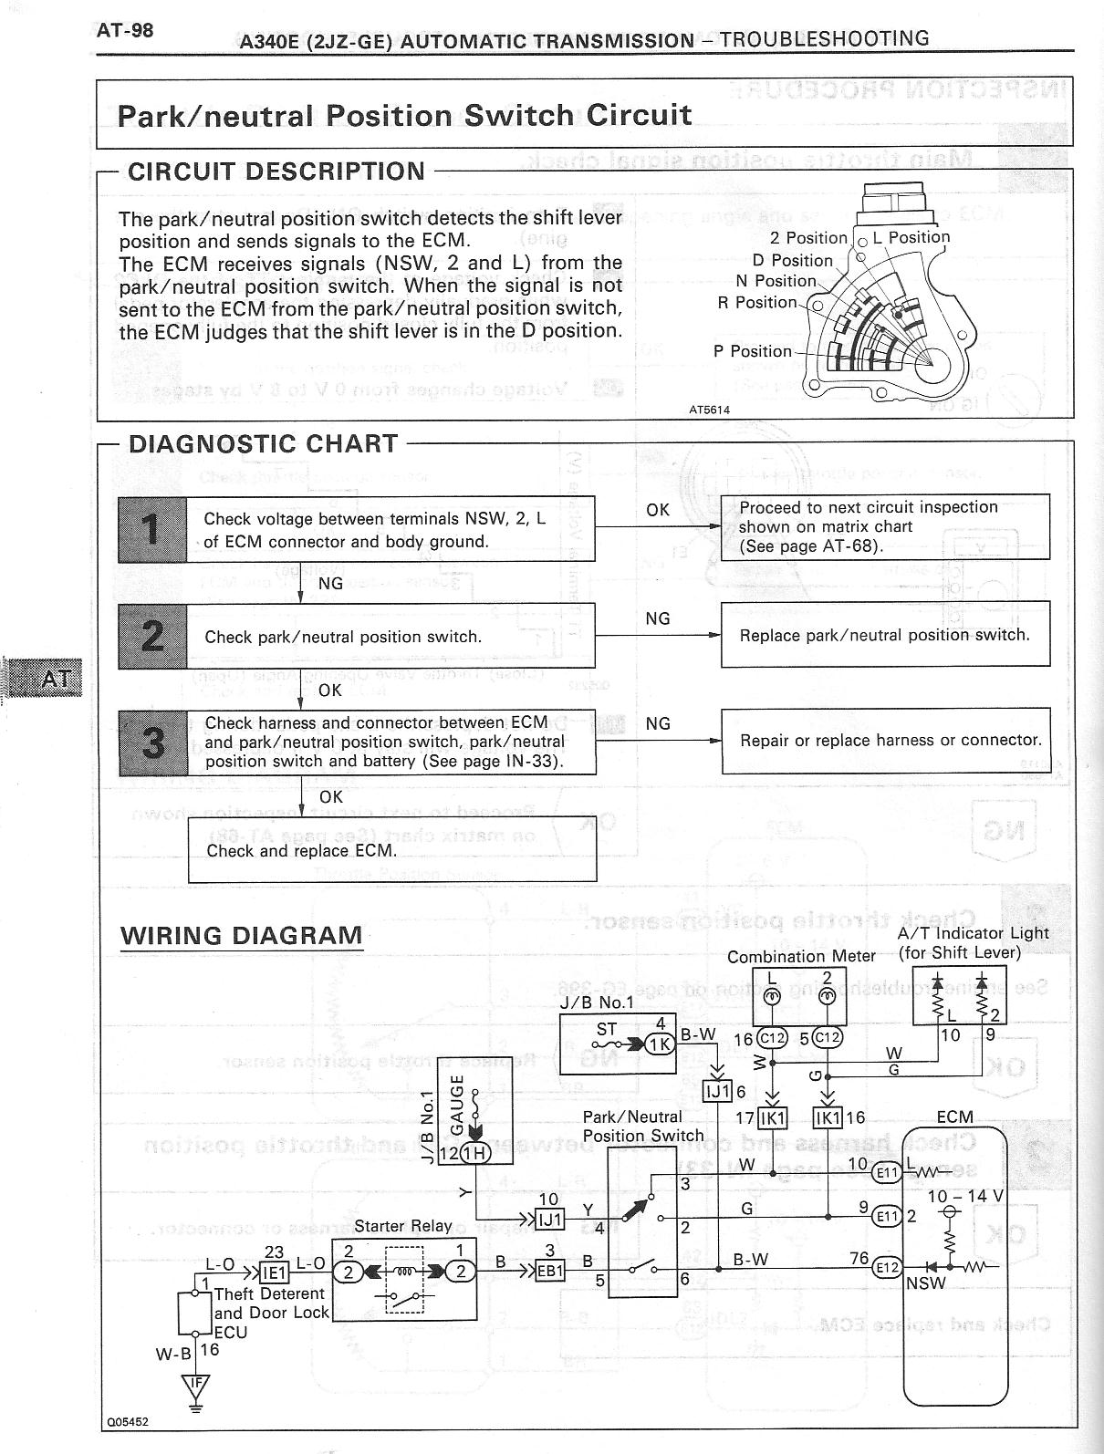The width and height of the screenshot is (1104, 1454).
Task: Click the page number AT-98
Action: [x=125, y=31]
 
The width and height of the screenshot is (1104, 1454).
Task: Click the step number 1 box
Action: [x=152, y=529]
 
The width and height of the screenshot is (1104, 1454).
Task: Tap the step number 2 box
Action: [x=152, y=636]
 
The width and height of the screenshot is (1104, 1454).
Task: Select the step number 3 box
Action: [x=153, y=743]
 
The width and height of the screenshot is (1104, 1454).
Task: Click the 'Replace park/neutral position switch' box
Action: [x=885, y=635]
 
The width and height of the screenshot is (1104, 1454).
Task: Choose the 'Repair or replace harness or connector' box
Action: [x=885, y=740]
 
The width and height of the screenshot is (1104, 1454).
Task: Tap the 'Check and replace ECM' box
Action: [x=392, y=850]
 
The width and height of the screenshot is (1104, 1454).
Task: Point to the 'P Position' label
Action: [x=753, y=351]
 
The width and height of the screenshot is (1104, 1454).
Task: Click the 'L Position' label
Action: [x=911, y=237]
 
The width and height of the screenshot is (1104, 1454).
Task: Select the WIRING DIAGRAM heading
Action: [x=242, y=936]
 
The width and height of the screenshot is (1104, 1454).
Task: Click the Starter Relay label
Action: [x=403, y=1225]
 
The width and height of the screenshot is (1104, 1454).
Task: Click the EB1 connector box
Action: [x=550, y=1271]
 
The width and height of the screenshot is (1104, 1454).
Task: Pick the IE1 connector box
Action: [x=275, y=1272]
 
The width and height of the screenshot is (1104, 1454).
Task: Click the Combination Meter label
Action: [x=801, y=956]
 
